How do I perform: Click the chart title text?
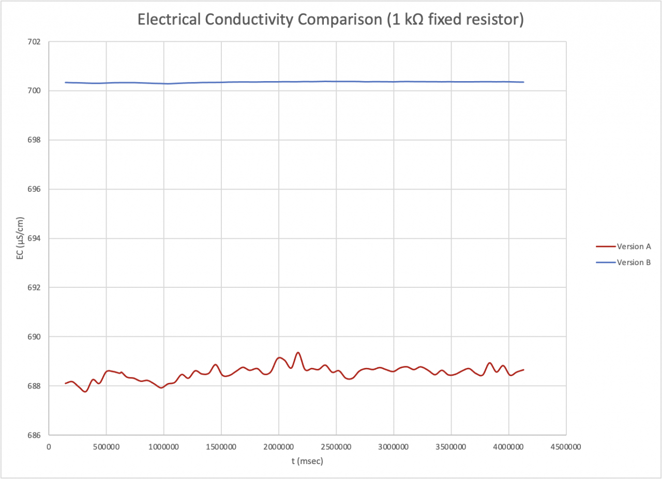[331, 20]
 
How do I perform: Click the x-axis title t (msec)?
[307, 461]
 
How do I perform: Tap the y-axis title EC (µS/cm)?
[20, 238]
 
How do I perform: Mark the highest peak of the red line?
[298, 352]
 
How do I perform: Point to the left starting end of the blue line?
[65, 82]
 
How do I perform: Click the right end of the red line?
[524, 369]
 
